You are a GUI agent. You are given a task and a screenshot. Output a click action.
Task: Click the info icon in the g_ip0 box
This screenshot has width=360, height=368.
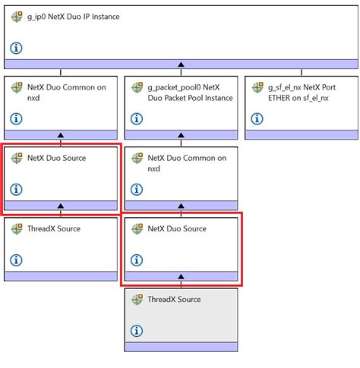click(x=17, y=48)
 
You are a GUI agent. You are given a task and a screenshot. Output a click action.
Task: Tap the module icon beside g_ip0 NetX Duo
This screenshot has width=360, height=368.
click(x=17, y=17)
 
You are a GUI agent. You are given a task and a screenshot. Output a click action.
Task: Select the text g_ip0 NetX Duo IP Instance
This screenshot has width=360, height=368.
click(x=74, y=17)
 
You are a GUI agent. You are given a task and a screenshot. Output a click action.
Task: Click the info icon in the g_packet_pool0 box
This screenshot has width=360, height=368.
click(x=137, y=118)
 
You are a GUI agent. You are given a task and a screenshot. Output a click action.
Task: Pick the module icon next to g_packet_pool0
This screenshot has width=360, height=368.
click(x=137, y=88)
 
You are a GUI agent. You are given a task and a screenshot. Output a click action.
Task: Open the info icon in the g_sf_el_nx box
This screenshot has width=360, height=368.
click(x=257, y=118)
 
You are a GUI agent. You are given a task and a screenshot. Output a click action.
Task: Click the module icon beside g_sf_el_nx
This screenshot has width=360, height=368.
click(x=257, y=88)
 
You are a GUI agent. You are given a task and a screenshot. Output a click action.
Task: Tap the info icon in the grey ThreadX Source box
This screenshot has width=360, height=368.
click(x=137, y=330)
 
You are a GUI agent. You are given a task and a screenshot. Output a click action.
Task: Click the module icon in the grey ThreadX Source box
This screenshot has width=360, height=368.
click(x=137, y=300)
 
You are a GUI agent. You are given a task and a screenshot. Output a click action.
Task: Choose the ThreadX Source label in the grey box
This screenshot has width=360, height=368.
click(x=174, y=300)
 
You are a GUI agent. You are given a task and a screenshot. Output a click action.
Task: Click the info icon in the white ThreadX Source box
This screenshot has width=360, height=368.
click(x=17, y=260)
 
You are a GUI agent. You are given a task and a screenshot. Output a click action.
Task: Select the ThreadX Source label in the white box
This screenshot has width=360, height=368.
click(x=54, y=228)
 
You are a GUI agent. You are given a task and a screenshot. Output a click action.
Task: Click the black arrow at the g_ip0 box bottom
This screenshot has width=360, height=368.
click(x=180, y=64)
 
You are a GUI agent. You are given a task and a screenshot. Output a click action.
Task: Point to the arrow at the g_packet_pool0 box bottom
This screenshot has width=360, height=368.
click(x=181, y=135)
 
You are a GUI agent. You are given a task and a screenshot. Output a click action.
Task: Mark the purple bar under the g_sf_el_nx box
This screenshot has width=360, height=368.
click(x=302, y=135)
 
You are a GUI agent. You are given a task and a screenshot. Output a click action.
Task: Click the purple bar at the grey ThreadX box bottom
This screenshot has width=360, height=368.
click(x=181, y=347)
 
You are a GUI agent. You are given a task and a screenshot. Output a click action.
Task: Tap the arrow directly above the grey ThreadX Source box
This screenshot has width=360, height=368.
click(x=181, y=277)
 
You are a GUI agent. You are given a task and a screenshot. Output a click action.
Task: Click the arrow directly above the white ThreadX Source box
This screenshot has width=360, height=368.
click(x=61, y=206)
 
